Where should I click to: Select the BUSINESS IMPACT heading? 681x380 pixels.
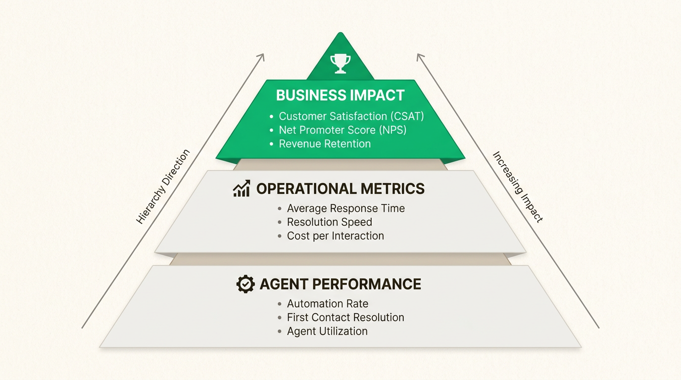click(340, 95)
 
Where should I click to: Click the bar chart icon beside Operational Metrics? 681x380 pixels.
click(242, 189)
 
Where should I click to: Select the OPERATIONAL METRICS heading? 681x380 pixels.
click(340, 189)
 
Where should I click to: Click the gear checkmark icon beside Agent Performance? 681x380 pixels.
click(245, 284)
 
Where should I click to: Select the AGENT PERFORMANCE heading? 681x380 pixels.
click(340, 284)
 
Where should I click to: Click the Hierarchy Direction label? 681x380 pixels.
click(163, 187)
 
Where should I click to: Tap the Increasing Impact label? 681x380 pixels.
click(518, 187)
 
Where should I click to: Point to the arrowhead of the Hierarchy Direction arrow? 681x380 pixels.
click(262, 56)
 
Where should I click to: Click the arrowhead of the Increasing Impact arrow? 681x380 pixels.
click(419, 56)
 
